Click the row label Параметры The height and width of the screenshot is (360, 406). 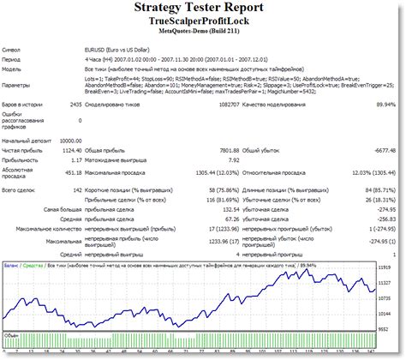click(19, 86)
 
